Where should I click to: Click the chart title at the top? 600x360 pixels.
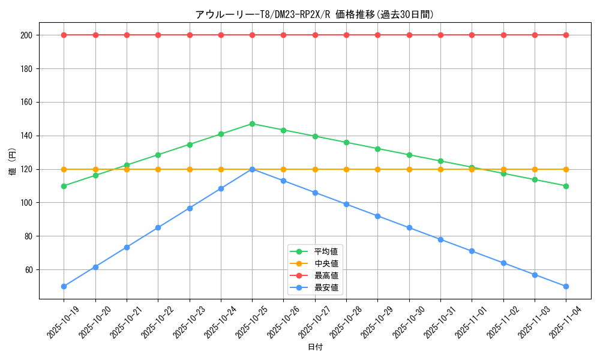[x=314, y=14]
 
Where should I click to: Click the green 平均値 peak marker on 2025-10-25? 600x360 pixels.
[x=252, y=124]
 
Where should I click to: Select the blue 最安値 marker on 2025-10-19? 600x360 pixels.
[x=64, y=286]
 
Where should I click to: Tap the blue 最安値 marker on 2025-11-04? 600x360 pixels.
[x=566, y=286]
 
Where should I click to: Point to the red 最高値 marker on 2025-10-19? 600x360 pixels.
[x=64, y=35]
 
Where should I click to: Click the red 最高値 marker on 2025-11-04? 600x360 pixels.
[x=566, y=35]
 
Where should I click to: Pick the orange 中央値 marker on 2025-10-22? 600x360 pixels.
[x=158, y=169]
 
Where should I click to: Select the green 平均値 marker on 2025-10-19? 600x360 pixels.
[x=64, y=186]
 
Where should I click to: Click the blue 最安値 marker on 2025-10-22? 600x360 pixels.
[x=158, y=228]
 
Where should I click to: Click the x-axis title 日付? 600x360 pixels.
[x=315, y=347]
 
